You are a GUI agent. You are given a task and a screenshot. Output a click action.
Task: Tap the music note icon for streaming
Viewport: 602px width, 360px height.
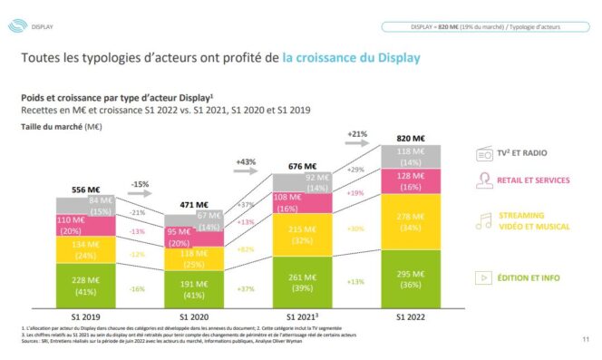483,218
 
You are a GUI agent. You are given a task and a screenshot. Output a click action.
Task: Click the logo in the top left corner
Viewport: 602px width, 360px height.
15,26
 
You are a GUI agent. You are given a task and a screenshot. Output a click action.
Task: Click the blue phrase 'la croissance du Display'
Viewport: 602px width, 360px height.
351,59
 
